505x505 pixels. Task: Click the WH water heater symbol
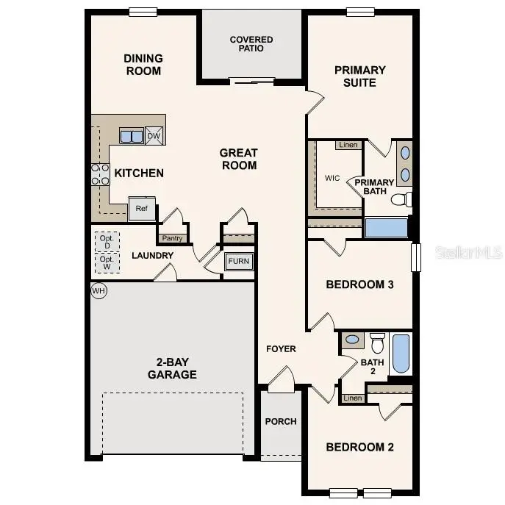pyautogui.click(x=99, y=290)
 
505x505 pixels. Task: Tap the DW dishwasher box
pyautogui.click(x=154, y=136)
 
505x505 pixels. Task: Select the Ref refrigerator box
pyautogui.click(x=142, y=208)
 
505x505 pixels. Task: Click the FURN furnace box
pyautogui.click(x=237, y=262)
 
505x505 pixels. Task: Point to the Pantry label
pyautogui.click(x=171, y=238)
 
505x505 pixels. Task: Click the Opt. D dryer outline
pyautogui.click(x=107, y=241)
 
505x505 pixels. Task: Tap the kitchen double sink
pyautogui.click(x=132, y=136)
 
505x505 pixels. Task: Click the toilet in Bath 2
pyautogui.click(x=377, y=343)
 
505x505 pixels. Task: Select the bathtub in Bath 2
pyautogui.click(x=401, y=354)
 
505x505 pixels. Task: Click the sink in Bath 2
pyautogui.click(x=353, y=340)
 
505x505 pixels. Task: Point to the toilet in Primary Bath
pyautogui.click(x=401, y=199)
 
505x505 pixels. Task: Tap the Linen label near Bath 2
pyautogui.click(x=353, y=398)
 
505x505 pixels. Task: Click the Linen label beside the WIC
pyautogui.click(x=348, y=145)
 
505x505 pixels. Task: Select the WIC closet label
pyautogui.click(x=332, y=178)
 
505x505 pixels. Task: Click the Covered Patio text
pyautogui.click(x=251, y=44)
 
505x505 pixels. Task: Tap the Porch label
pyautogui.click(x=281, y=421)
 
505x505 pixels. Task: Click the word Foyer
pyautogui.click(x=281, y=348)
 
